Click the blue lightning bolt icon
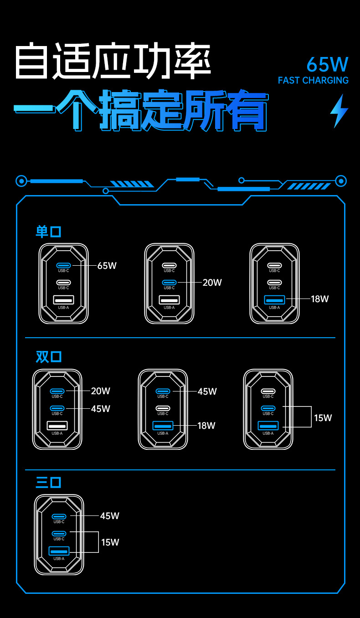click(339, 111)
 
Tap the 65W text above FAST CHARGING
click(327, 65)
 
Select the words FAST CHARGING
click(313, 81)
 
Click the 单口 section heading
click(49, 232)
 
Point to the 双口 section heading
click(49, 356)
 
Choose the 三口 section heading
click(49, 482)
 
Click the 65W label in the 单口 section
click(107, 266)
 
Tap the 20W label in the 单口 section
click(212, 283)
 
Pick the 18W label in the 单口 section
click(319, 299)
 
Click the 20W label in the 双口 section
click(101, 391)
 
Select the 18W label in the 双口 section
click(206, 426)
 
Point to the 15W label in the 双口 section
click(323, 417)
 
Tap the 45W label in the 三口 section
click(109, 516)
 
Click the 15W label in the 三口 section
click(110, 542)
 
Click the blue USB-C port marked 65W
click(63, 265)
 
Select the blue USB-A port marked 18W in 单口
click(274, 300)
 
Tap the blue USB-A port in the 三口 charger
click(59, 551)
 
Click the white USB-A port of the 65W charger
click(63, 300)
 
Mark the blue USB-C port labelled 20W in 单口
click(169, 283)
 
